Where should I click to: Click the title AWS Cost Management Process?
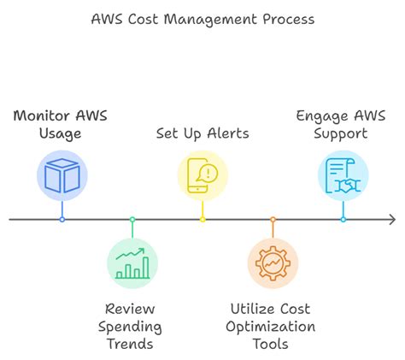pos(202,18)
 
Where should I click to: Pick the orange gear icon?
pos(273,263)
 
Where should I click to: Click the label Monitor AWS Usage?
pos(62,124)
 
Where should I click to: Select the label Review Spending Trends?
pos(132,326)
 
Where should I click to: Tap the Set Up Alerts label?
pos(202,133)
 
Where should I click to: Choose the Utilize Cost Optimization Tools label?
pos(273,326)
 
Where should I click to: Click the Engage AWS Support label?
pos(343,124)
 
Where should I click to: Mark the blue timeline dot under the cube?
pos(62,220)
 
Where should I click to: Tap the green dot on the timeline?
pos(132,220)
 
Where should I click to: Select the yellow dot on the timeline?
pos(202,220)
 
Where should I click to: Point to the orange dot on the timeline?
pos(273,220)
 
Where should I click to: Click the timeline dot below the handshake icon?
pos(343,220)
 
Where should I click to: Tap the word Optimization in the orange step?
pos(273,326)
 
